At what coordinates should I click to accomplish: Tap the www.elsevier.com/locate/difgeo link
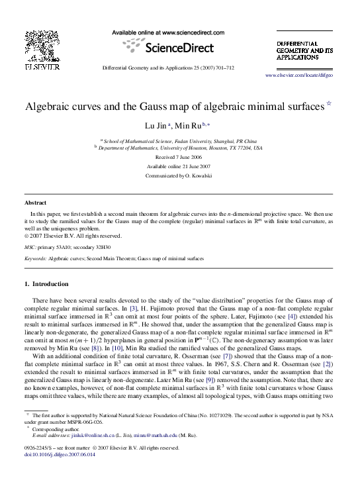308,77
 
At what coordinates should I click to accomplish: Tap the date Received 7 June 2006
180,158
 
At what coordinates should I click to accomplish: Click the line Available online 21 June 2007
180,167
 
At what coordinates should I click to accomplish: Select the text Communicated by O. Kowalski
180,176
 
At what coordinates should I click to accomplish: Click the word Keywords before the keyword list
35,258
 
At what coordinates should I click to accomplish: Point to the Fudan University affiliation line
180,140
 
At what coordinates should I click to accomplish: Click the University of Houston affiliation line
180,148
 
